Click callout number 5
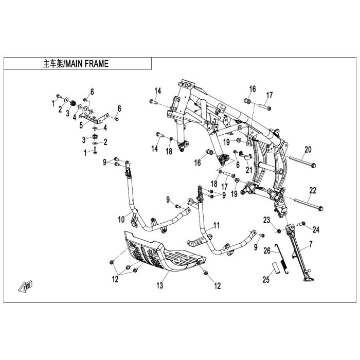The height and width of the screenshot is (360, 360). (81, 124)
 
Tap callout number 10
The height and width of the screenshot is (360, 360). (121, 220)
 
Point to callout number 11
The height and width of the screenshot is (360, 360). (217, 225)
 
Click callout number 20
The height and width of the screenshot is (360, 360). (308, 150)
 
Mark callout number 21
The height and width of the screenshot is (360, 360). (249, 170)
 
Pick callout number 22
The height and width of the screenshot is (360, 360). (312, 190)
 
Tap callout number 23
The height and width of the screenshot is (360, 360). (266, 220)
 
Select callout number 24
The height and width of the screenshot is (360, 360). (316, 229)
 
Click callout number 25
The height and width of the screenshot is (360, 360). (266, 280)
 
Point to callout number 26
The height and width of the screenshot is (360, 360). (266, 251)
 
